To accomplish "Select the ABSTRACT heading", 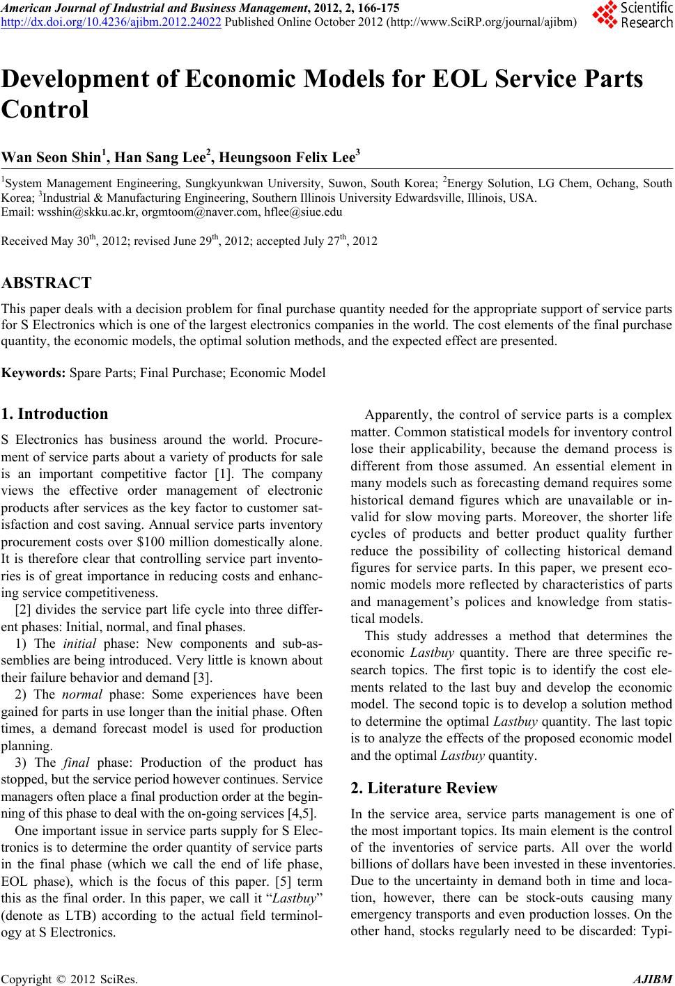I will (47, 283).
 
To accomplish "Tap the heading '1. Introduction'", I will (54, 414).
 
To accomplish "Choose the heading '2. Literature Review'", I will (424, 788).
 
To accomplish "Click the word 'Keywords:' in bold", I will (34, 374).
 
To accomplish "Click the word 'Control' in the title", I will (45, 110).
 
